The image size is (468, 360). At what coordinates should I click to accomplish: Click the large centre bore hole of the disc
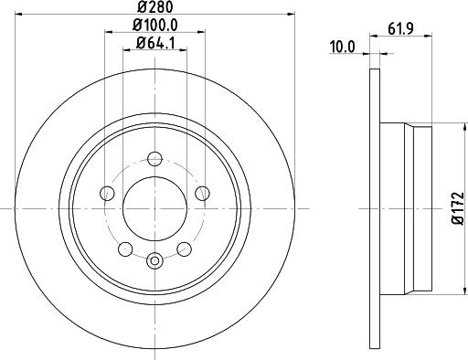[154, 206]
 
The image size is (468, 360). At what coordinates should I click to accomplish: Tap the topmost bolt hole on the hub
[154, 158]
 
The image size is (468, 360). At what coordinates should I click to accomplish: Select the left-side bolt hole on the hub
[107, 192]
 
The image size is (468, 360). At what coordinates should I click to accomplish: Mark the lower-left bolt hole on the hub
[125, 247]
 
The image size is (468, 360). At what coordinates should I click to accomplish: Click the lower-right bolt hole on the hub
[183, 247]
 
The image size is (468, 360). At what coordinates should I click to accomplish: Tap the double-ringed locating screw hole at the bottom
[154, 263]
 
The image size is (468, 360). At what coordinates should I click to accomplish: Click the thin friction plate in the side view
[372, 206]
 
